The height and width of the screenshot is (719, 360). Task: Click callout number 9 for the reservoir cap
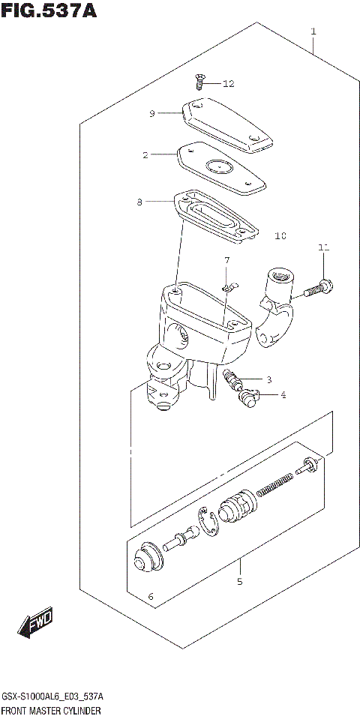tap(151, 113)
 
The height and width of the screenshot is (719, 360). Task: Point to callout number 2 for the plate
tap(145, 155)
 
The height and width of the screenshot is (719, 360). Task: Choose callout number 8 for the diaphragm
tap(139, 202)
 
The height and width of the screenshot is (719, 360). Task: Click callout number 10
tap(280, 236)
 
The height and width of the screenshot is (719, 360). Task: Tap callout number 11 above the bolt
tap(323, 247)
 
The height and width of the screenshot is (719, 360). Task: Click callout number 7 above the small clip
tap(224, 260)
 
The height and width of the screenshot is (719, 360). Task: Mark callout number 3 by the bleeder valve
tap(268, 379)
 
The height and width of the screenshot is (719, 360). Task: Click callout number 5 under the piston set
tap(240, 581)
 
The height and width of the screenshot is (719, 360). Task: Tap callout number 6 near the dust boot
tap(150, 597)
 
